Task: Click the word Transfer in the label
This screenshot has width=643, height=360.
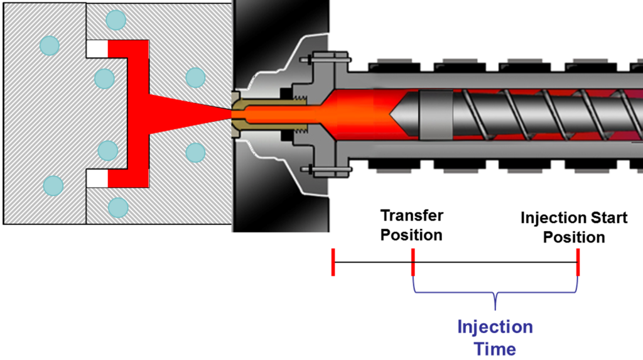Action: click(x=411, y=215)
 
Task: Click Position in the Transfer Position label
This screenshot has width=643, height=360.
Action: click(x=411, y=235)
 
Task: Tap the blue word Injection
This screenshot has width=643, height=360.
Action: click(x=495, y=327)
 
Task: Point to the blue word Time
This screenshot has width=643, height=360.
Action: click(x=495, y=349)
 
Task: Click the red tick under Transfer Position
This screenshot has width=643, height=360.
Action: click(x=413, y=262)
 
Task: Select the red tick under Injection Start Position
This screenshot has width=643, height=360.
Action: click(x=577, y=262)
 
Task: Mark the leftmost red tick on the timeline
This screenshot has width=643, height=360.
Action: click(x=333, y=262)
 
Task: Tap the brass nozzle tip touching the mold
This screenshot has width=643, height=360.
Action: click(x=238, y=114)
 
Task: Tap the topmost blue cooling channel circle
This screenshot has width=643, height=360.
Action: click(x=116, y=19)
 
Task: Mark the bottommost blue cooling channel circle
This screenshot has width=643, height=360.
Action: click(x=117, y=207)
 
